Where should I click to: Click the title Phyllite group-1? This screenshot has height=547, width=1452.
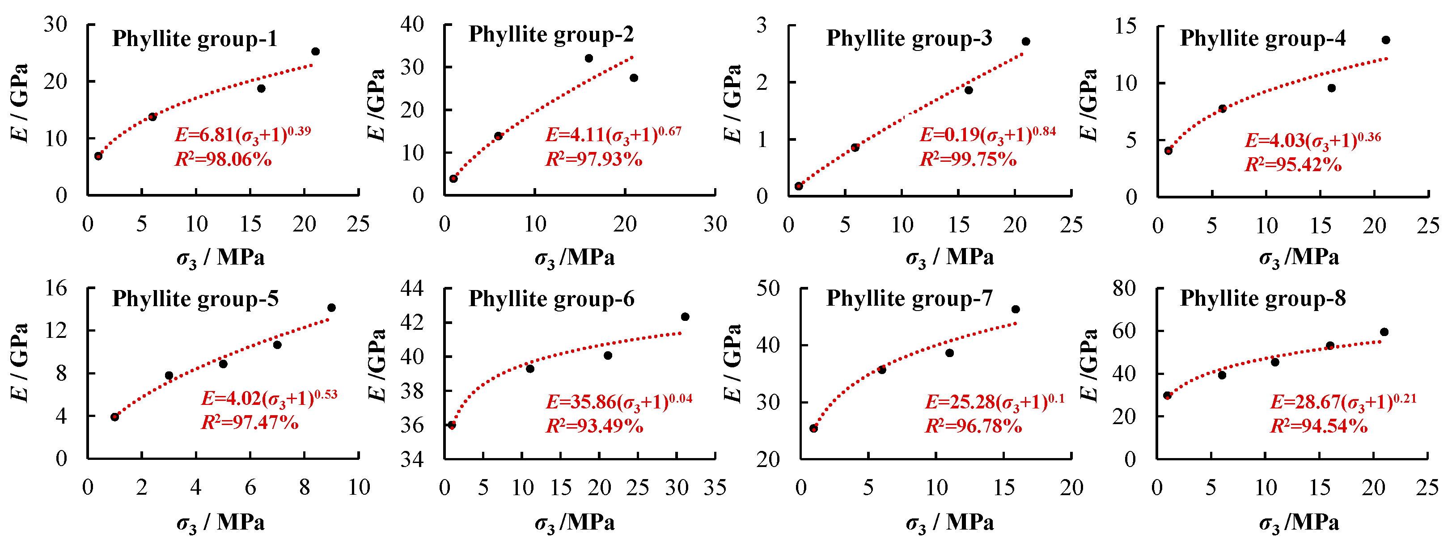coord(195,39)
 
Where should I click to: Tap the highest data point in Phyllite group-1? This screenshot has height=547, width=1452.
coord(316,52)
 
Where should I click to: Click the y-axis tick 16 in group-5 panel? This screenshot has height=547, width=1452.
coord(56,288)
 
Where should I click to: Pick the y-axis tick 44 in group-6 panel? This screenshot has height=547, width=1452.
coord(411,288)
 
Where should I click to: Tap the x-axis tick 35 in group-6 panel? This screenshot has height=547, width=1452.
coord(715,487)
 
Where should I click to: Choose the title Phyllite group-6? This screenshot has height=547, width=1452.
coord(551,299)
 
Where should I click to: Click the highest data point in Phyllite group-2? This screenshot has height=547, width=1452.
coord(589,59)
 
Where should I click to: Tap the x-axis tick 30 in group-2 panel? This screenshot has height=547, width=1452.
coord(715,224)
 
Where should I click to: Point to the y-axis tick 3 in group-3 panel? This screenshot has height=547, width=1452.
coord(762,25)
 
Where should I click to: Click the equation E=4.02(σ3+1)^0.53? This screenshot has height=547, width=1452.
coord(269,398)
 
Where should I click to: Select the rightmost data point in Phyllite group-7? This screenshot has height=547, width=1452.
coord(1016,309)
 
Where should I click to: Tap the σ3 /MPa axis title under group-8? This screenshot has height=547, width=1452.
coord(1298,523)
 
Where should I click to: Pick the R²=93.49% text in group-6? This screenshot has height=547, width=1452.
coord(594,426)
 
